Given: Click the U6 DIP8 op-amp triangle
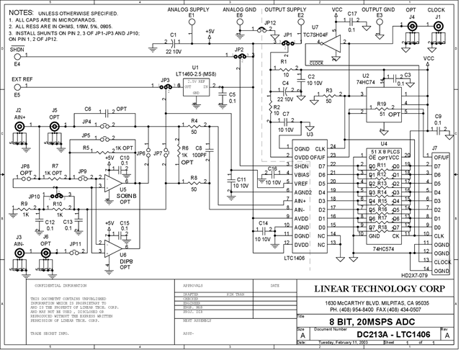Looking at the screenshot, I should pyautogui.click(x=110, y=247).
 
